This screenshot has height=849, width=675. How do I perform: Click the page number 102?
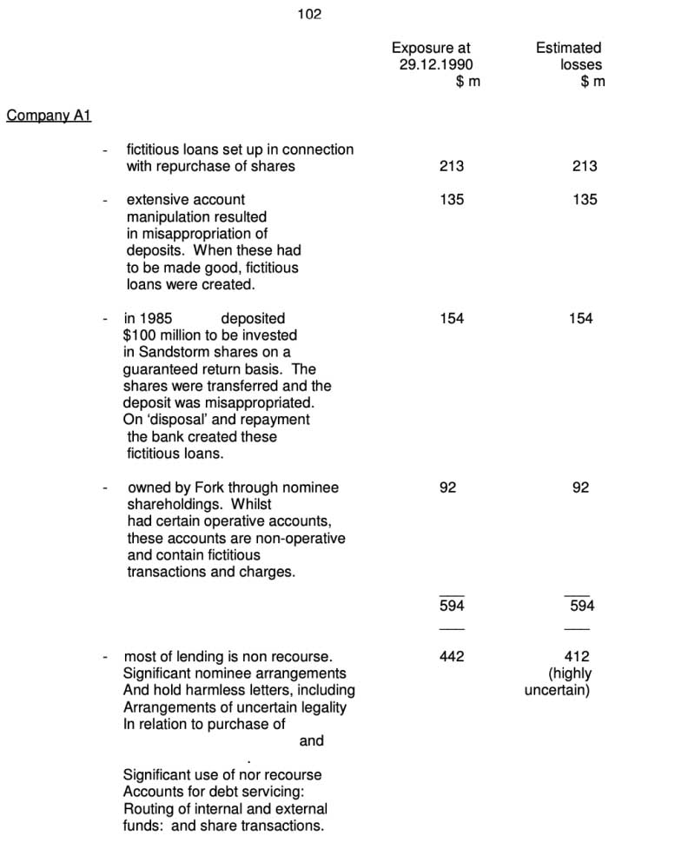tap(309, 14)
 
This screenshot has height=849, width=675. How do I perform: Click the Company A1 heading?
tap(49, 116)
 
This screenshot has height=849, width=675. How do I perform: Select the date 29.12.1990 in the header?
tap(437, 65)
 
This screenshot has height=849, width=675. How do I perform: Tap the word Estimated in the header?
tap(568, 49)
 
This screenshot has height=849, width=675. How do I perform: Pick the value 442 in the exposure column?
tap(452, 656)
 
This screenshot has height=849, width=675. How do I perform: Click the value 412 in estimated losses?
tap(576, 656)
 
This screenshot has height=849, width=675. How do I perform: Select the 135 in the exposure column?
tap(452, 200)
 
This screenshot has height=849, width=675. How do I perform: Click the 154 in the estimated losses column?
tap(580, 319)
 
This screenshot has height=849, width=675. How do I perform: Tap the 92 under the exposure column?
tap(447, 488)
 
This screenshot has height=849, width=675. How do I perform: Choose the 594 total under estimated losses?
tap(581, 606)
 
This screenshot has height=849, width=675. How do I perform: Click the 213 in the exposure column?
tap(452, 166)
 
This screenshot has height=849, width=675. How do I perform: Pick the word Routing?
tap(149, 808)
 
